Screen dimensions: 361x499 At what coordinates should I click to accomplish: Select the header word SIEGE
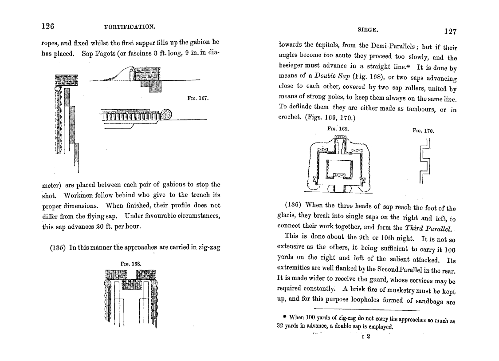pyautogui.click(x=368, y=30)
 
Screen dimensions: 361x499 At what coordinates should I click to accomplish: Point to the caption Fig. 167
pyautogui.click(x=198, y=98)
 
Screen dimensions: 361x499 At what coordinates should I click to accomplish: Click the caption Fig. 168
pyautogui.click(x=131, y=263)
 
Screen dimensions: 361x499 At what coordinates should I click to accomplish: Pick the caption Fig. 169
pyautogui.click(x=338, y=128)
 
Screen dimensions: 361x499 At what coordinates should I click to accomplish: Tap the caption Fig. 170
pyautogui.click(x=423, y=131)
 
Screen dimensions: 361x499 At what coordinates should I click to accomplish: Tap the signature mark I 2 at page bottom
pyautogui.click(x=366, y=337)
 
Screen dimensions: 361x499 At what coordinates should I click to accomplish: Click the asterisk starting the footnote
pyautogui.click(x=284, y=317)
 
